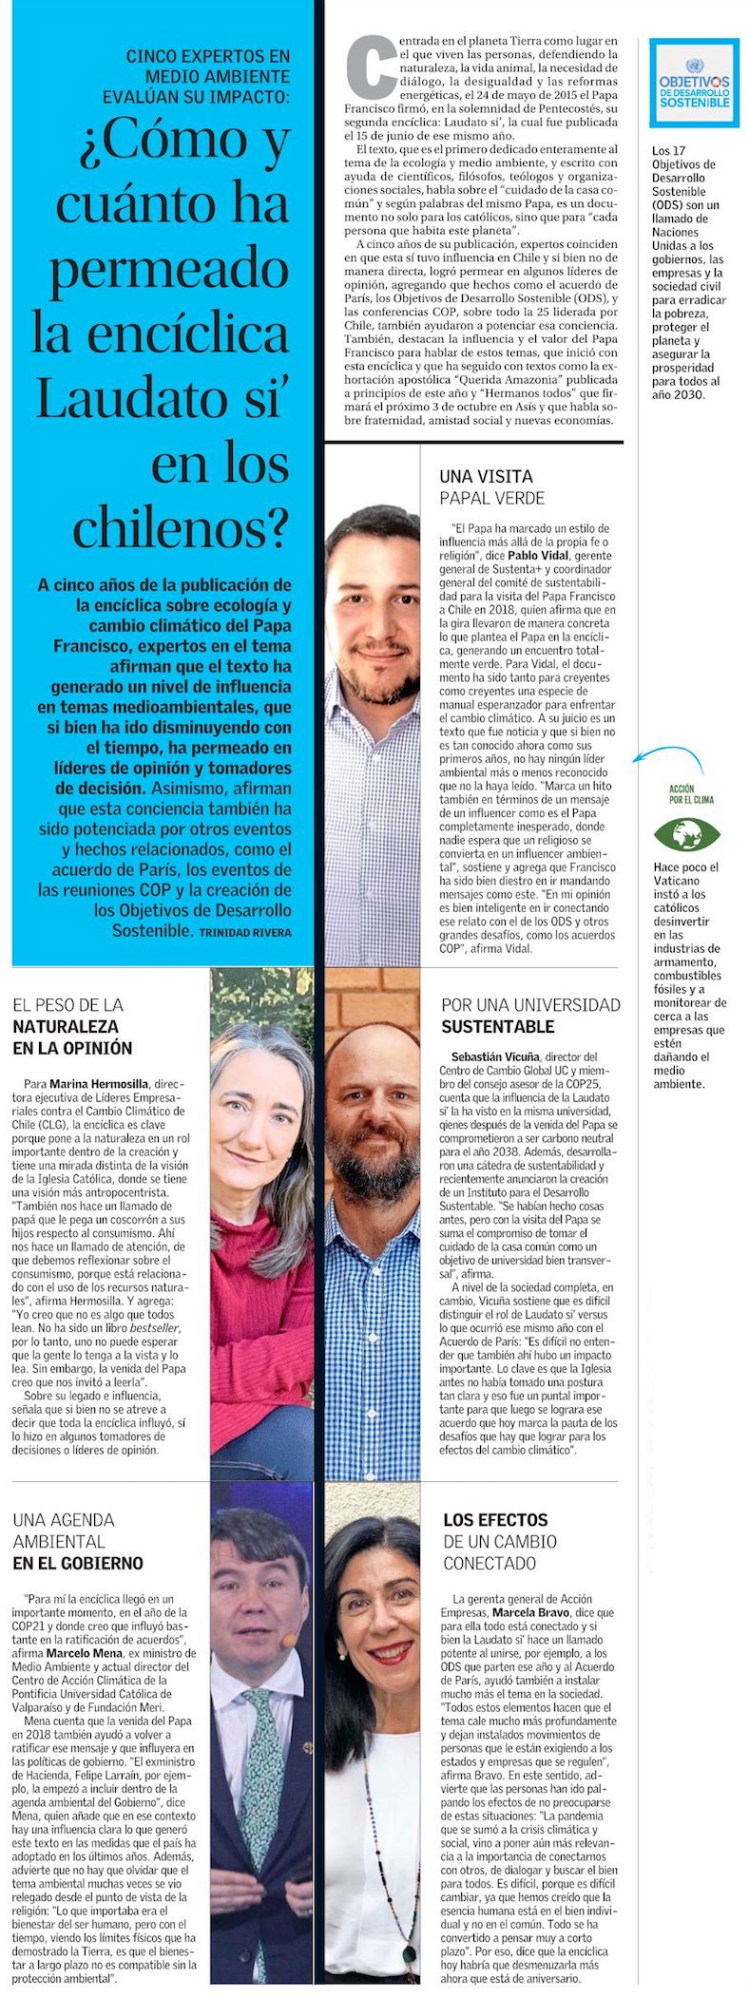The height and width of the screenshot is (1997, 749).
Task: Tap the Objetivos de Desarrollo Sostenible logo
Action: click(694, 83)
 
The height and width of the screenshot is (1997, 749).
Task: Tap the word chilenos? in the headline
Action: click(181, 526)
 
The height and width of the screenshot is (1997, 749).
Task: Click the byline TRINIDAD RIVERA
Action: click(245, 933)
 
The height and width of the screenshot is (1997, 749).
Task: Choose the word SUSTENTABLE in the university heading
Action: click(497, 1026)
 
